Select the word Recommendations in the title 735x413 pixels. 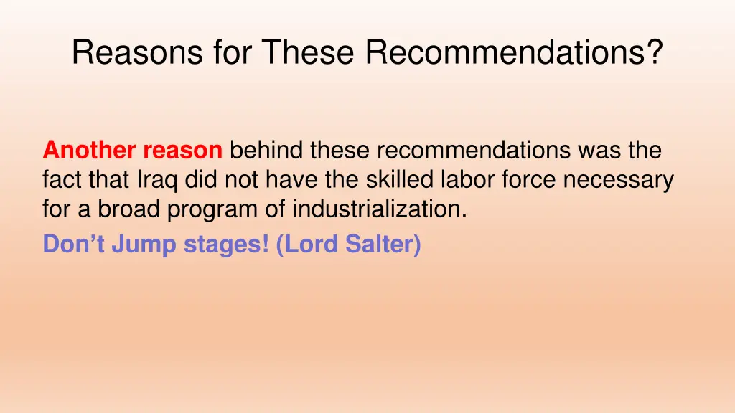click(x=502, y=53)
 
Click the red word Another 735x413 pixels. click(x=90, y=151)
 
